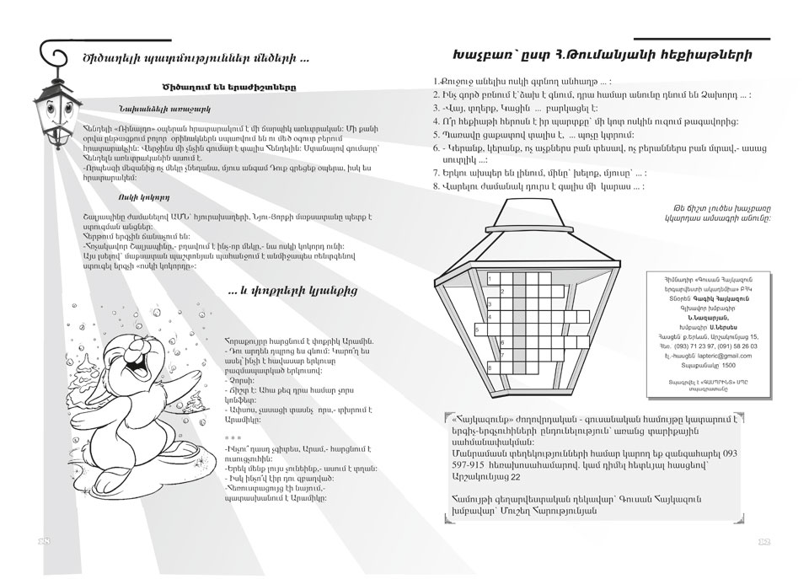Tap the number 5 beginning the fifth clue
pyautogui.click(x=435, y=135)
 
